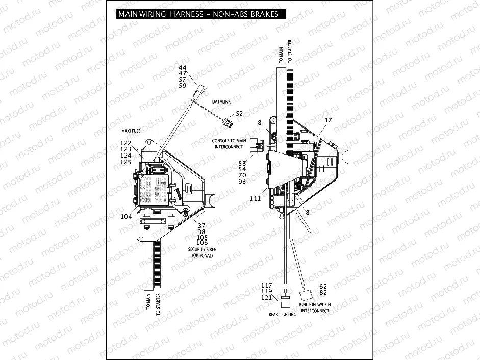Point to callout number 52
point(239,113)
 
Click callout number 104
point(126,216)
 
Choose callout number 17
point(328,120)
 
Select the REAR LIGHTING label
point(283,314)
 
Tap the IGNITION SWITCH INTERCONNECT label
point(315,307)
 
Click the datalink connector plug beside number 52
point(228,122)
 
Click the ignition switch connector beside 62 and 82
point(307,294)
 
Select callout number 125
point(126,162)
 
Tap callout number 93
point(242,182)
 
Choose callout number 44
point(182,68)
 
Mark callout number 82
point(323,293)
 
